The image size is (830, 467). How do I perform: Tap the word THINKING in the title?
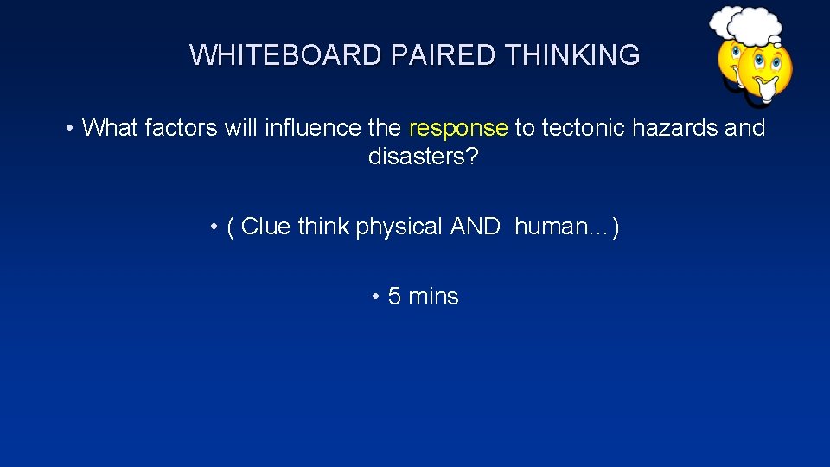tap(571, 55)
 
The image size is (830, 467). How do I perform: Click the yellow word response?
tap(458, 129)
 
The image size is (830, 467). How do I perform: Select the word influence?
tap(313, 128)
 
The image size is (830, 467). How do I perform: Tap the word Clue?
tap(265, 227)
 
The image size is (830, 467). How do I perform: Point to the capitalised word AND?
tap(475, 227)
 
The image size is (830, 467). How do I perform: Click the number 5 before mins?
tap(394, 297)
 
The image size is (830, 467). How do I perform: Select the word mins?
tap(433, 297)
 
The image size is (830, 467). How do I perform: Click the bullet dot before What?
tap(68, 129)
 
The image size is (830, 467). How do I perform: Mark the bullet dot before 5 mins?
tap(376, 297)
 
